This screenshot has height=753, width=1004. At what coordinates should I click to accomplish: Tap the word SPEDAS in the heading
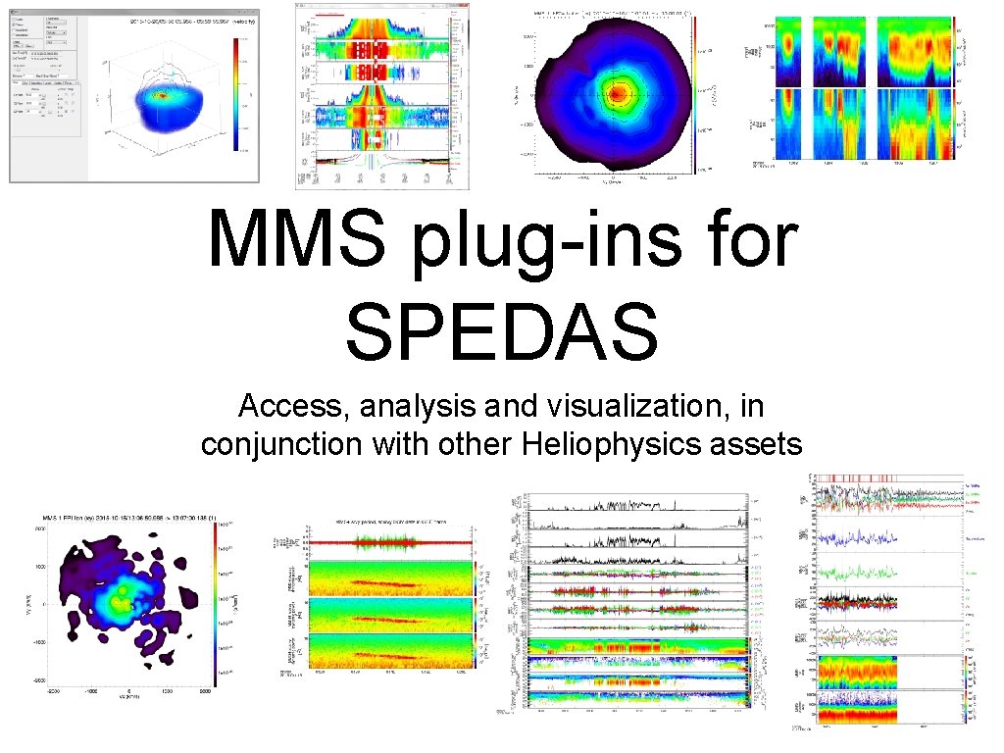pyautogui.click(x=502, y=330)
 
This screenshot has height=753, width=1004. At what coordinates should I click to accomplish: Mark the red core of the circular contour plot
pyautogui.click(x=618, y=94)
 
